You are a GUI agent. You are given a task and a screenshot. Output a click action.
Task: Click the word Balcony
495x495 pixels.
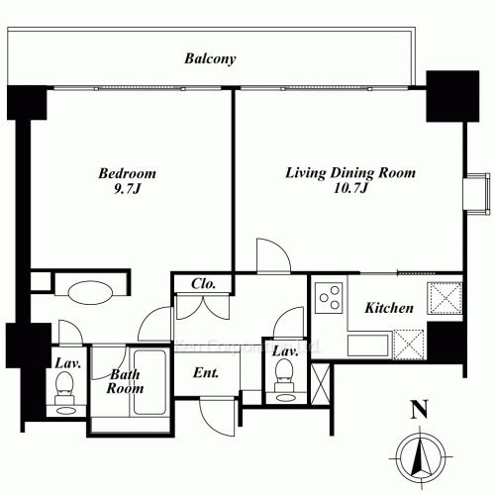210,58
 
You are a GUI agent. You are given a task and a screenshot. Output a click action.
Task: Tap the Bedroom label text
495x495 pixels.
127,173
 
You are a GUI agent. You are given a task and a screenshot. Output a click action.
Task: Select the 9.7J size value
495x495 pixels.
127,189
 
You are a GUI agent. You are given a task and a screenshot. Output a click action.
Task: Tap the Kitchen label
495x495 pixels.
389,309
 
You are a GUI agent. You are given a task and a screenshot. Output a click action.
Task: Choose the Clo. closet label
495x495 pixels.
204,285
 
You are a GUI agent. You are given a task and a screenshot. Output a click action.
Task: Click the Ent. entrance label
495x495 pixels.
205,373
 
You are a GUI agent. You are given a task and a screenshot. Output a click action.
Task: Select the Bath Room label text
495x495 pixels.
126,381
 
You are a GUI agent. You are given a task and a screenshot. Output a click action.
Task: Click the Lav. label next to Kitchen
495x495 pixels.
285,351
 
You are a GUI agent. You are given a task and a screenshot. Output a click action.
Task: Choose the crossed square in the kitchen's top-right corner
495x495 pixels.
442,297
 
